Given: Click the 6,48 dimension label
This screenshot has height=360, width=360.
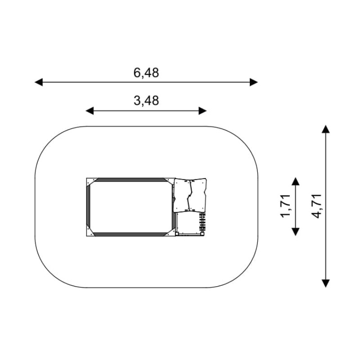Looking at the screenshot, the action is click(x=146, y=73).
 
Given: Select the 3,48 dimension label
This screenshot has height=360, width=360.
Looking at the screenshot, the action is click(x=146, y=101).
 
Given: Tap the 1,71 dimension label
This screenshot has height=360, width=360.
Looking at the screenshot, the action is click(x=285, y=206).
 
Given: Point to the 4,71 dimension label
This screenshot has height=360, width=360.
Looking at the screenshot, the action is click(x=316, y=206).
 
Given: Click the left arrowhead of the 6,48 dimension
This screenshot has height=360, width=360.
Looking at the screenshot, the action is click(x=39, y=82).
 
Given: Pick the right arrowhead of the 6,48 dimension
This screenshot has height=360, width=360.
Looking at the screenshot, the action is click(x=254, y=82).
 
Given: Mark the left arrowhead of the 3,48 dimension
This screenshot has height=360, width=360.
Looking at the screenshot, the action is click(x=90, y=111).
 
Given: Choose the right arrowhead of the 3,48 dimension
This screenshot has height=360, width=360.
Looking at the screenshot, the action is click(x=203, y=111).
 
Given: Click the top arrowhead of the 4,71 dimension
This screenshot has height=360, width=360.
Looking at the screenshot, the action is click(x=325, y=129).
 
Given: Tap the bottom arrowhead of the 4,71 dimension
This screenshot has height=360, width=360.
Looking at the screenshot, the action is click(x=325, y=283).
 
